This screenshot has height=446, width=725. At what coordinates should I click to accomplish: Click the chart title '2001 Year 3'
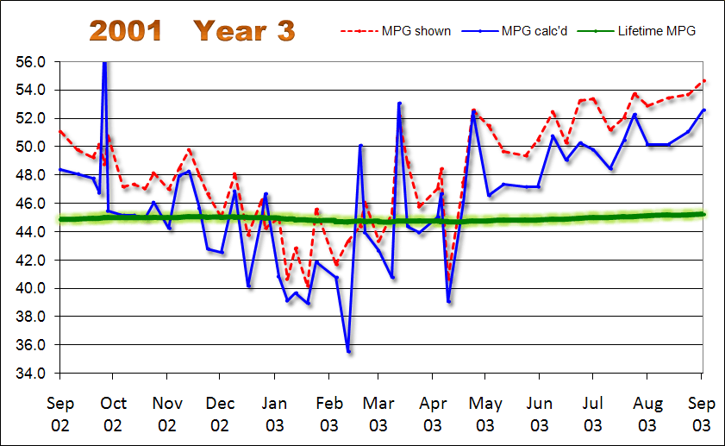point(192,31)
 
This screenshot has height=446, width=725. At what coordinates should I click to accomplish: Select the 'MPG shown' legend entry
point(408,31)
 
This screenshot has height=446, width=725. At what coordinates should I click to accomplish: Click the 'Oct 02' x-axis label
point(113,413)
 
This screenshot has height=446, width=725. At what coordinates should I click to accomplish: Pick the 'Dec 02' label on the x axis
point(220,413)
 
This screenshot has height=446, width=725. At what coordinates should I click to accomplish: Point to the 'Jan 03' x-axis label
point(274,413)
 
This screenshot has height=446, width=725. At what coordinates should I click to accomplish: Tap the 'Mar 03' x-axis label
point(378,413)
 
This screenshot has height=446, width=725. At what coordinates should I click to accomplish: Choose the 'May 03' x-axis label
point(485,413)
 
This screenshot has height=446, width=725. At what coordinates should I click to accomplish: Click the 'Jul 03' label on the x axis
point(592,413)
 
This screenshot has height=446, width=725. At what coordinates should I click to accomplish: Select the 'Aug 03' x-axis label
point(646,413)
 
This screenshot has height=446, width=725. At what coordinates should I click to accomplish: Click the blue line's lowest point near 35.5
point(348,351)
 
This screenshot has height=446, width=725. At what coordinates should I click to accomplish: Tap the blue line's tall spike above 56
point(104,64)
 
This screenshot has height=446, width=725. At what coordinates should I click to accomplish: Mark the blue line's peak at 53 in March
point(399,104)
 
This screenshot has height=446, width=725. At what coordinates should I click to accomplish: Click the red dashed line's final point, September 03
point(704,80)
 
